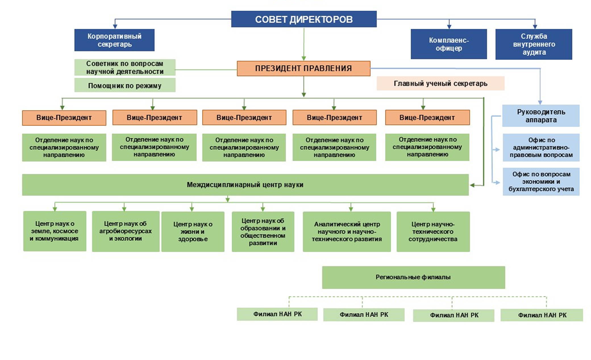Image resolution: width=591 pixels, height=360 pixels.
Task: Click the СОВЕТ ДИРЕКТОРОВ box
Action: (x=304, y=19)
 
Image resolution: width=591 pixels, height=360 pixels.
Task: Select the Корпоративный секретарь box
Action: (x=114, y=40)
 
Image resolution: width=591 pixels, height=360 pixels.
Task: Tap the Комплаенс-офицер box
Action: (x=449, y=44)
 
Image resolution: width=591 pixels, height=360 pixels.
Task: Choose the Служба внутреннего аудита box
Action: (x=534, y=44)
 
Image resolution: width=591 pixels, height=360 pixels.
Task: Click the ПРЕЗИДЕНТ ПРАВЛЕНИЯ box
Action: (x=303, y=69)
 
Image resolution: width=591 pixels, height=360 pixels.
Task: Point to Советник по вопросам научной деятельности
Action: (x=125, y=67)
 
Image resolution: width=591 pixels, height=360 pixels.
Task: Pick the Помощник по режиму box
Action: (x=125, y=85)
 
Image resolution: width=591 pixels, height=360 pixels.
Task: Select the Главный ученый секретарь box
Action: (x=440, y=83)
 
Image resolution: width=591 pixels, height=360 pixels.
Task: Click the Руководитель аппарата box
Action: (x=541, y=116)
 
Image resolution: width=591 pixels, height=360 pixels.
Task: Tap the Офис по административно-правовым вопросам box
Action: (x=541, y=147)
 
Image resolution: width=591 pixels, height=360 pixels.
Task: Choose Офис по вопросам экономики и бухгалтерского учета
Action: (x=541, y=181)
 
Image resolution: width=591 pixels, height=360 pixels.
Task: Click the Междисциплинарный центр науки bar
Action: (x=245, y=185)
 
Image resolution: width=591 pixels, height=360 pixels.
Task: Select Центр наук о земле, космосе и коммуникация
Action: (x=55, y=231)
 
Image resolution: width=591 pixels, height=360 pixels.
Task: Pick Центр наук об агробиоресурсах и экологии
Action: (x=126, y=231)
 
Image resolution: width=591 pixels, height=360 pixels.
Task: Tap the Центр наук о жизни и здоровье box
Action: (x=193, y=231)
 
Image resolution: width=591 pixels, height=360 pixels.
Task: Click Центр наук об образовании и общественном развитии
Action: (x=263, y=231)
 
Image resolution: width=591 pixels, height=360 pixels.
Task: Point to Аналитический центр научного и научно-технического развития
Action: (x=347, y=231)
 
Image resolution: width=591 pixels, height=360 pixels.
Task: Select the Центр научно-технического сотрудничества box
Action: (x=433, y=231)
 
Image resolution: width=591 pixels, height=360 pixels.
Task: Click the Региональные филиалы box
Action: (x=413, y=277)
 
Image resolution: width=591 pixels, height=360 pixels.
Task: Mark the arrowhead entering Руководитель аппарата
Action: (x=540, y=102)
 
